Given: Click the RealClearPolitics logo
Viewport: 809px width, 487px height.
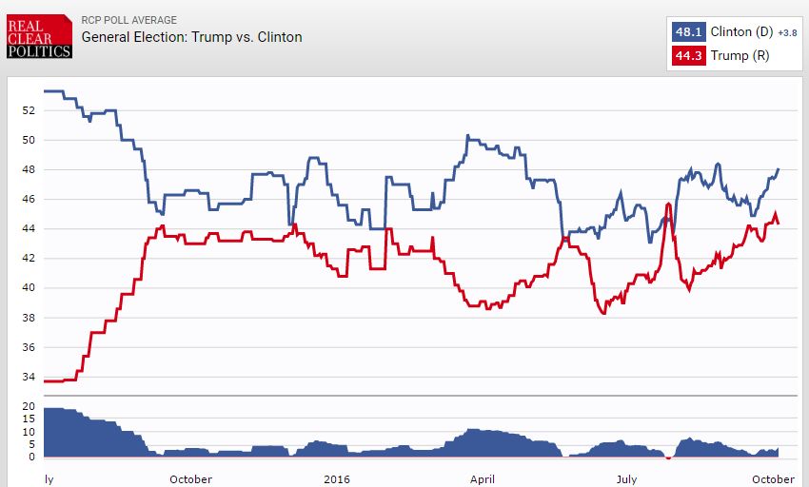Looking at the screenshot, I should pyautogui.click(x=39, y=36).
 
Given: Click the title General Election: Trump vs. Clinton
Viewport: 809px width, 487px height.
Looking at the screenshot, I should pyautogui.click(x=191, y=37).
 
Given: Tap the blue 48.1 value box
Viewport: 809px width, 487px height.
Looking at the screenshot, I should pyautogui.click(x=688, y=32).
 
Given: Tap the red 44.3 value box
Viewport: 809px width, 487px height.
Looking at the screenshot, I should pyautogui.click(x=688, y=56).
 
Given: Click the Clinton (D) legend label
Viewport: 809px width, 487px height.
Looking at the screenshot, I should pyautogui.click(x=741, y=32).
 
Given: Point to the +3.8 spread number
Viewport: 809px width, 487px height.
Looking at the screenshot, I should pyautogui.click(x=787, y=33).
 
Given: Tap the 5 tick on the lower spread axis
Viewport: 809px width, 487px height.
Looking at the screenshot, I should pyautogui.click(x=30, y=444).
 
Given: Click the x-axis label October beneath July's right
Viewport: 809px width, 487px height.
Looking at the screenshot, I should pyautogui.click(x=772, y=478).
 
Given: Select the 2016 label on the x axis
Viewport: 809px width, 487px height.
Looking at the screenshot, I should pyautogui.click(x=337, y=478).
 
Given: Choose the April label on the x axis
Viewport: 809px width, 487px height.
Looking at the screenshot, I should pyautogui.click(x=483, y=478).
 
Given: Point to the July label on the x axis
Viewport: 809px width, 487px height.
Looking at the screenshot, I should pyautogui.click(x=626, y=478).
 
